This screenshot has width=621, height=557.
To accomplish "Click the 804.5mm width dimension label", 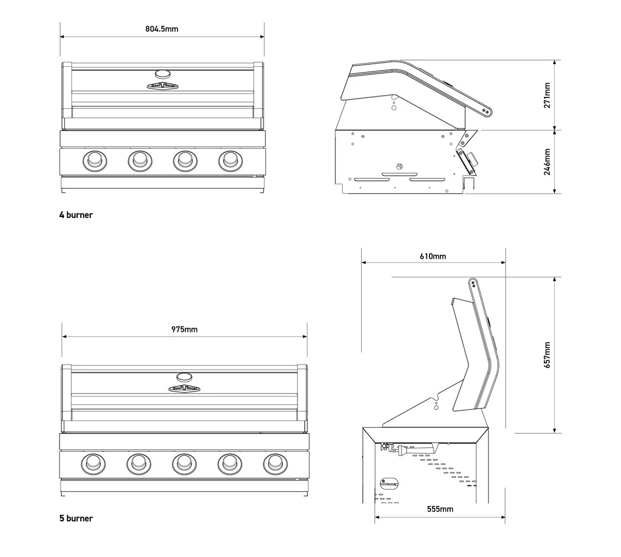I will coord(161,29).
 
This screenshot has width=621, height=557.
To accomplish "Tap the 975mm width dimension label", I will coord(184,329).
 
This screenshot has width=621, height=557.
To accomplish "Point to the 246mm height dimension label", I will coord(547,162).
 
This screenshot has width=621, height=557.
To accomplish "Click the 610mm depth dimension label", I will coord(433,256).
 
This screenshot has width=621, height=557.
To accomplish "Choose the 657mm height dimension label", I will coord(547,355).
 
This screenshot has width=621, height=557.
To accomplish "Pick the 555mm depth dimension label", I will coord(440,509).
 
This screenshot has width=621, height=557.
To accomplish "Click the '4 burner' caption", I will coord(76,215).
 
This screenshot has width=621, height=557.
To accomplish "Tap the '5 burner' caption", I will coord(76,518).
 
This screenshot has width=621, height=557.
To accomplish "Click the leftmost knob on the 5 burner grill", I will coord(92,463).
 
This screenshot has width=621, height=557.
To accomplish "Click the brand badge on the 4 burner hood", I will coord(162,86).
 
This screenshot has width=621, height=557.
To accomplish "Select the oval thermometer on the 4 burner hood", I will coord(162,74).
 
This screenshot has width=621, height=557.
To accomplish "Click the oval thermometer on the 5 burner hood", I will coord(184,376).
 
